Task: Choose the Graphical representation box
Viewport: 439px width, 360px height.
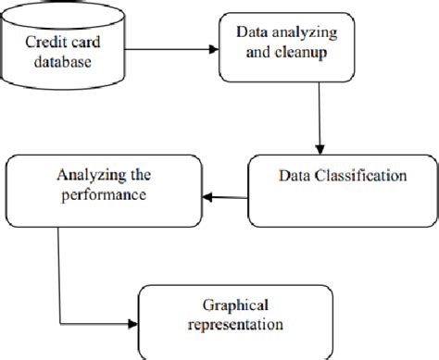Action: (233, 318)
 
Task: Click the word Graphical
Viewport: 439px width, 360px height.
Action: (233, 308)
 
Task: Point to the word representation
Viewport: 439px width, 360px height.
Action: (233, 327)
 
